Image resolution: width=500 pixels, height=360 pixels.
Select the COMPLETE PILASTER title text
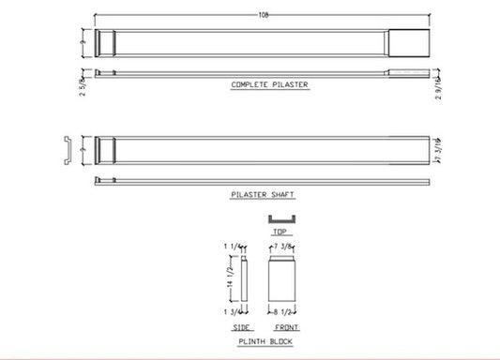269,85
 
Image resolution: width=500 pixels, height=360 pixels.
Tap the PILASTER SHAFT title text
262,194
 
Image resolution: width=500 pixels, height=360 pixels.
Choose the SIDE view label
240,328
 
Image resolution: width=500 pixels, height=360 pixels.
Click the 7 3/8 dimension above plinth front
284,246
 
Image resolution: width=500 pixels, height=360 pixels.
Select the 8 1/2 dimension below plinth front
284,308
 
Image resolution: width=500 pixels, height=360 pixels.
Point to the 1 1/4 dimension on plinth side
231,247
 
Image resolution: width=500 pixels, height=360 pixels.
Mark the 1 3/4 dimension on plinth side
231,309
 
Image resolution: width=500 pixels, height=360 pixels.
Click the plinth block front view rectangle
282,277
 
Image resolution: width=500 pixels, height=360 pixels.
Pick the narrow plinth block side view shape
243,278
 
